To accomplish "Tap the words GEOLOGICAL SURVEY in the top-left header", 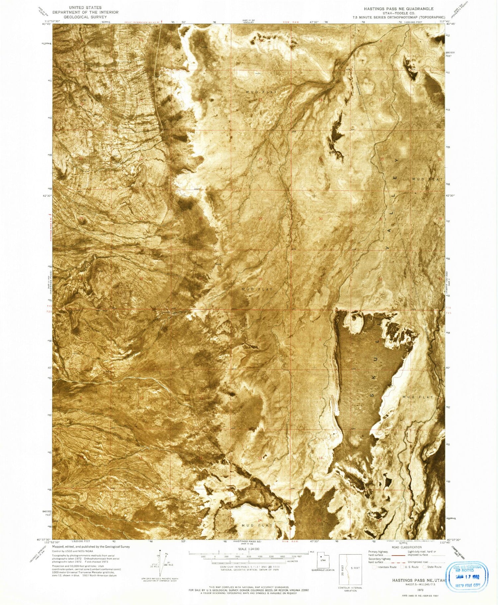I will [x=85, y=17].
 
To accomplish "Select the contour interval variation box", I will [x=350, y=569].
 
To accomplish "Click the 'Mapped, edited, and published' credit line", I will [x=91, y=546].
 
